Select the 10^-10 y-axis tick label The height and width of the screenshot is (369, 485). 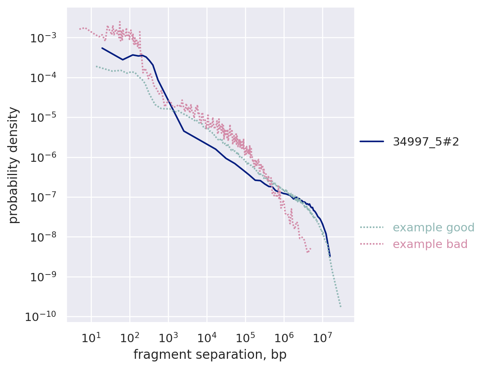point(40,317)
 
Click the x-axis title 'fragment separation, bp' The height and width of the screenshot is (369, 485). point(210,355)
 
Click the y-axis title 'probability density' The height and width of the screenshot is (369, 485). point(14,165)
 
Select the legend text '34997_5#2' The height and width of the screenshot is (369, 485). point(426,142)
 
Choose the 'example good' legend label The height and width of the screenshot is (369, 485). point(434,228)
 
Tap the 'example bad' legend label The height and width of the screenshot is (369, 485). point(430,244)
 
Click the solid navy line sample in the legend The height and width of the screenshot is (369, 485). point(372,141)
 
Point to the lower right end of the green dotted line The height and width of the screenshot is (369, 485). point(341,307)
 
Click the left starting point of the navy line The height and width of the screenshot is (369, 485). point(102,48)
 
